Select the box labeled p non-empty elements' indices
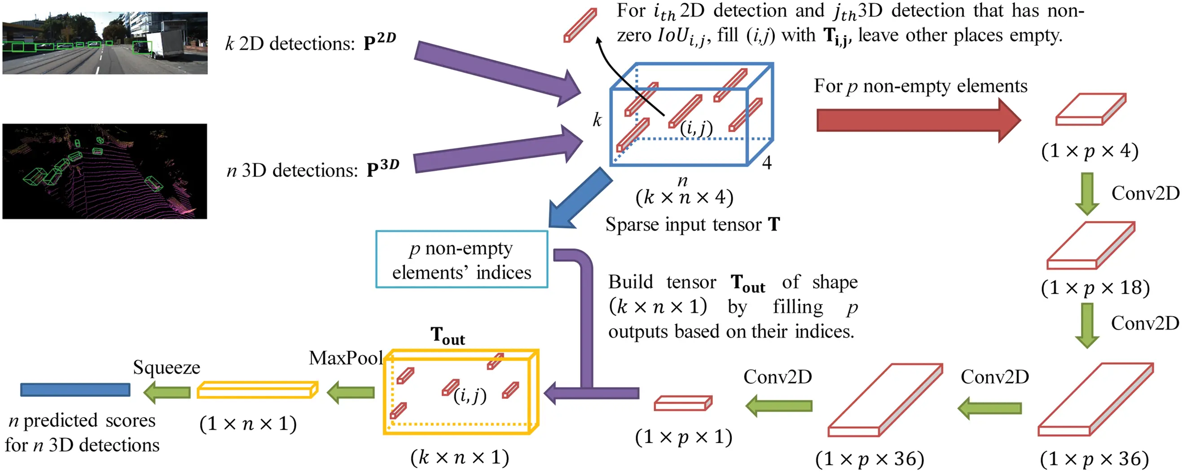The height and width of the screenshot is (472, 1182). pyautogui.click(x=461, y=260)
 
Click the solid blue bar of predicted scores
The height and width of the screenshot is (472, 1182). pyautogui.click(x=75, y=390)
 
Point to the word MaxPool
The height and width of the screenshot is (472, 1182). pyautogui.click(x=346, y=358)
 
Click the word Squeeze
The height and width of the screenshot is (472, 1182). pyautogui.click(x=167, y=367)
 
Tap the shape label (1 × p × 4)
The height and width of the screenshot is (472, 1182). pyautogui.click(x=1090, y=151)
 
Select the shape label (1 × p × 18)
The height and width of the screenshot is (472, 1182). pyautogui.click(x=1095, y=288)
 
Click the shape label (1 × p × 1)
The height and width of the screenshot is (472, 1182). pyautogui.click(x=683, y=437)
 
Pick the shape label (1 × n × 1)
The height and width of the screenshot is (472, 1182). pyautogui.click(x=248, y=423)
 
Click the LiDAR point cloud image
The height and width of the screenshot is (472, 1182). pyautogui.click(x=105, y=171)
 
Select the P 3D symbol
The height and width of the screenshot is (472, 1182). pyautogui.click(x=382, y=168)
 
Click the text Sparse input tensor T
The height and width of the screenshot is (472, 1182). pyautogui.click(x=692, y=225)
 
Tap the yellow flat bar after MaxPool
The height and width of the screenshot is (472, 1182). pyautogui.click(x=257, y=390)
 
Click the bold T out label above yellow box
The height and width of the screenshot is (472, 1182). pyautogui.click(x=448, y=335)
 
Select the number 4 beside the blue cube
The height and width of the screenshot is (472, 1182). pyautogui.click(x=767, y=163)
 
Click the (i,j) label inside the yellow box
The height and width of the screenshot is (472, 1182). pyautogui.click(x=470, y=395)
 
